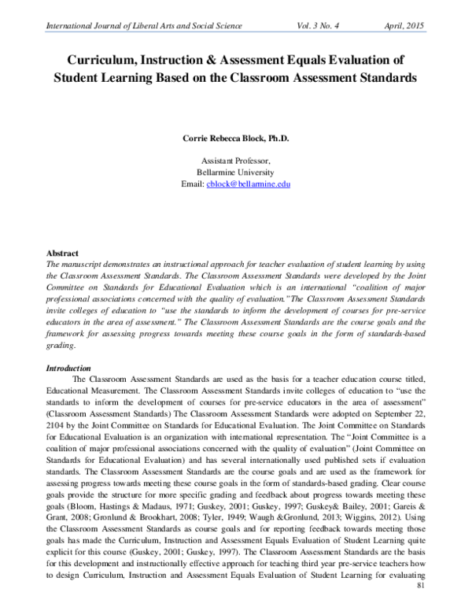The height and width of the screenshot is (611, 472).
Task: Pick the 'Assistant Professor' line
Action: tap(236, 159)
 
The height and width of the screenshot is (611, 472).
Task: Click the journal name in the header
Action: tap(145, 26)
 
